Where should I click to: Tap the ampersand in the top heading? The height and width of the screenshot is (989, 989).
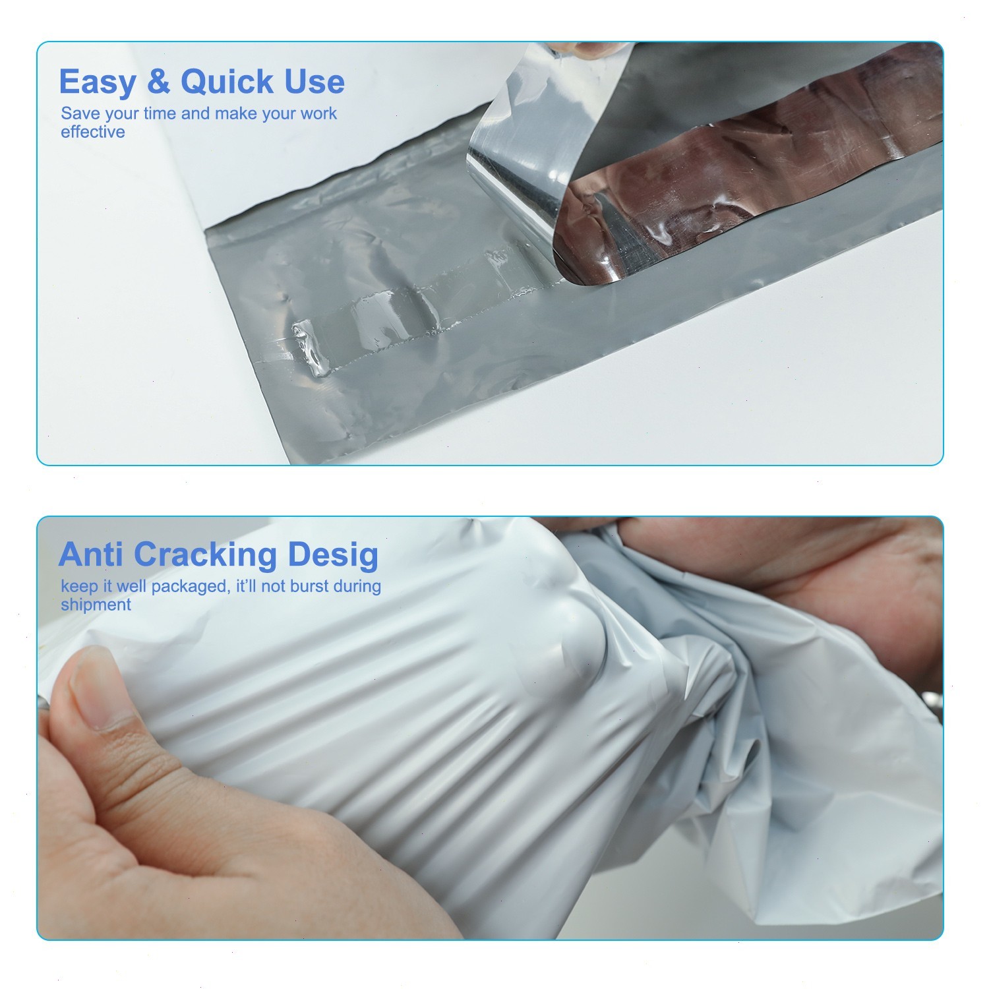(158, 82)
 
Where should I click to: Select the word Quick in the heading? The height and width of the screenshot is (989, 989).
(227, 82)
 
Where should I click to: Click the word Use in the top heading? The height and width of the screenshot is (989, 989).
(315, 82)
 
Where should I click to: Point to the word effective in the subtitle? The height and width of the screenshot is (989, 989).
(93, 132)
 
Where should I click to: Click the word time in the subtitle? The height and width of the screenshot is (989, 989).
(160, 113)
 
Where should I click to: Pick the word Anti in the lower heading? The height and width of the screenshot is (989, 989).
(91, 555)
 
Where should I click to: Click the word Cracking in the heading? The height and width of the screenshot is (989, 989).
(205, 555)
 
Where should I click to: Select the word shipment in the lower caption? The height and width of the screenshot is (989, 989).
(96, 605)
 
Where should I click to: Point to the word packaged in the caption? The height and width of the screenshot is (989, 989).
(189, 586)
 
